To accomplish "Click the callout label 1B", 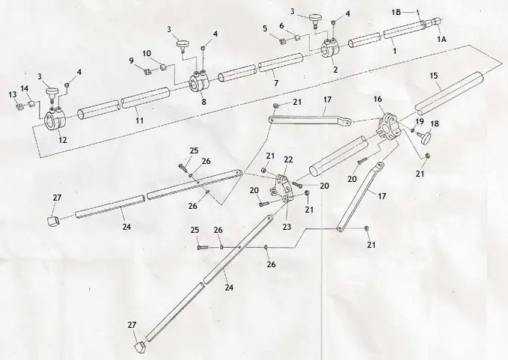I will pos(397,13).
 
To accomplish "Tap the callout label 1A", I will pos(442,37).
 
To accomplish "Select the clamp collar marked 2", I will pos(330,50).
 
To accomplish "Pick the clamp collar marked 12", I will pos(56,120).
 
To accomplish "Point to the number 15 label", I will pos(434,76).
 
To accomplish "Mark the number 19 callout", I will pos(419,121).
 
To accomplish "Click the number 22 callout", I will pos(288,159).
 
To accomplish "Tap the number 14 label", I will pos(25,89).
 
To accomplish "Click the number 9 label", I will pos(132,60).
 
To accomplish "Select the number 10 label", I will pos(147,53).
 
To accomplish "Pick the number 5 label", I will pos(266,29).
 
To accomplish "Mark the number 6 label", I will pos(281,25).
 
